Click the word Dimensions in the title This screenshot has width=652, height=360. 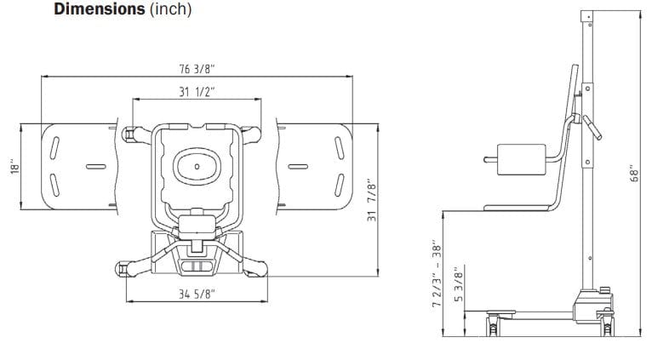click(x=100, y=9)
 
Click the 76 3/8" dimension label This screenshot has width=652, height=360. click(x=197, y=69)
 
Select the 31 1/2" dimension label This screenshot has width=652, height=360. click(x=197, y=92)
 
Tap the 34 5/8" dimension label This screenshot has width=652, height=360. click(x=197, y=294)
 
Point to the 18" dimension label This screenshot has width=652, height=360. click(x=15, y=166)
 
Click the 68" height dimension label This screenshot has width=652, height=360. click(x=634, y=174)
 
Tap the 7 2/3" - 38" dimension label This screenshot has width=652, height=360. click(x=437, y=273)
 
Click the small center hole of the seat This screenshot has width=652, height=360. click(x=197, y=166)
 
